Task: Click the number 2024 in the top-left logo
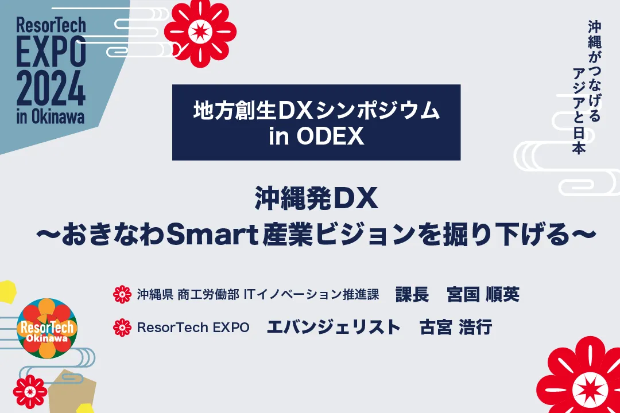51,88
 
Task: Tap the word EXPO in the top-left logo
51,52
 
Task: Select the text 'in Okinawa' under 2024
50,116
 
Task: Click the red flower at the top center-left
200,32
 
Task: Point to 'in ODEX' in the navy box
316,137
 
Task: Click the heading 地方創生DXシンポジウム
316,110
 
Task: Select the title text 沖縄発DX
316,198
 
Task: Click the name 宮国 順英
483,294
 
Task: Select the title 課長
412,294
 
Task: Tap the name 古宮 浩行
455,327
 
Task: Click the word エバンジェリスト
334,327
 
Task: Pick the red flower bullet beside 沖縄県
122,294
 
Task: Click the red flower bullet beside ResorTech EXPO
122,327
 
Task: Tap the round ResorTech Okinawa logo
47,328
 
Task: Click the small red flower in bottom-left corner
30,392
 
